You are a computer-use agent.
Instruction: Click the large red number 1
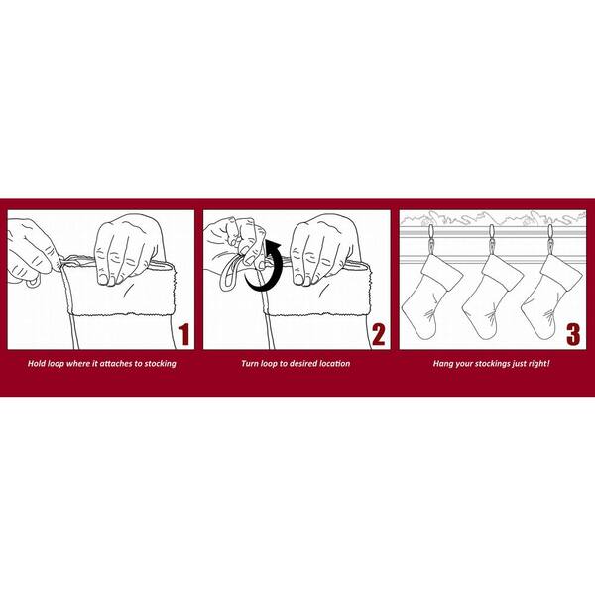coord(184,335)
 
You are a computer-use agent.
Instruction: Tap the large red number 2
coord(379,335)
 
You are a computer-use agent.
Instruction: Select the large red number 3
coord(573,335)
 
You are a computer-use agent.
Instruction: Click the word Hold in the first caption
coord(37,364)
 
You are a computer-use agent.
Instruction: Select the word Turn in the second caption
coord(250,364)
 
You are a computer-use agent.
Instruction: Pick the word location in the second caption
coord(335,364)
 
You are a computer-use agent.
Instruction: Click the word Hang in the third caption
coord(443,364)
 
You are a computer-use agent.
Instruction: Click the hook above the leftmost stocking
coord(431,239)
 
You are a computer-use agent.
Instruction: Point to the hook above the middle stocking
coord(492,239)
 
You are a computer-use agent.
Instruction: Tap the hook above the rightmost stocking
coord(550,239)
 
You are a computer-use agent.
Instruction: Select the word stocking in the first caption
coord(160,364)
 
